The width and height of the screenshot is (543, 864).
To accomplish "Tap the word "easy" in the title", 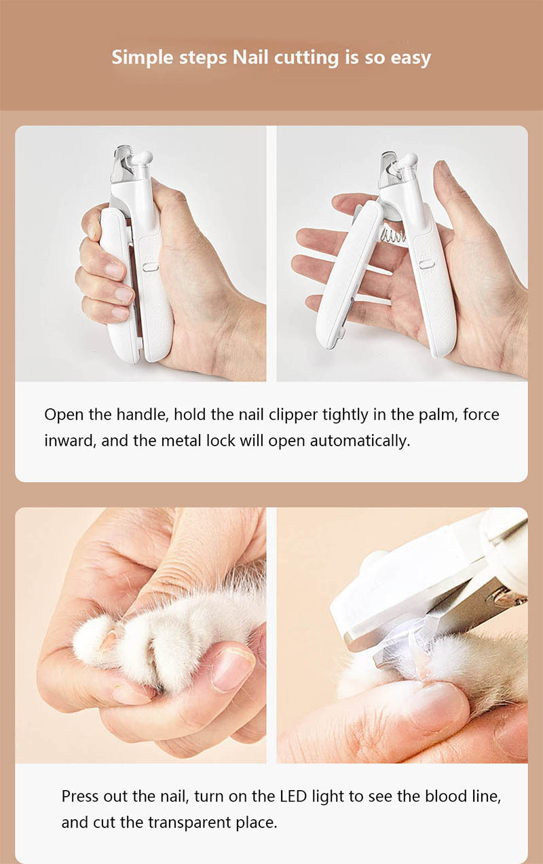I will [410, 57].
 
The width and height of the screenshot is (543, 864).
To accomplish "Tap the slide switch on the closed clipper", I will [151, 267].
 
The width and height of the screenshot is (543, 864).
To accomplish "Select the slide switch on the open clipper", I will [427, 264].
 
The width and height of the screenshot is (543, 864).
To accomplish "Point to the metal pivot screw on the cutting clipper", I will [506, 597].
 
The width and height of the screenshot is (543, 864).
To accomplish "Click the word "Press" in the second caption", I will [79, 796].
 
